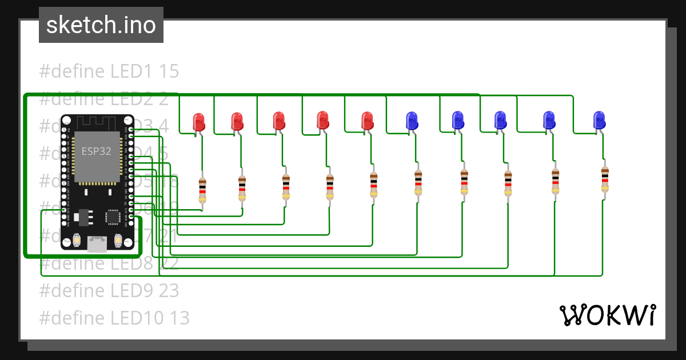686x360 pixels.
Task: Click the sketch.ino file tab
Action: [101, 25]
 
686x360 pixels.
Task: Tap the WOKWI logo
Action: [607, 315]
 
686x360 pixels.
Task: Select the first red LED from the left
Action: [198, 121]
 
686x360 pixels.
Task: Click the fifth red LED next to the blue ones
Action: [367, 120]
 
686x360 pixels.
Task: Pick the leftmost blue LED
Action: [411, 119]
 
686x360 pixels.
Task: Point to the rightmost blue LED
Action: [599, 119]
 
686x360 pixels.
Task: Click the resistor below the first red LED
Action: [202, 190]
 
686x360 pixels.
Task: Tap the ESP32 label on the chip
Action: [96, 151]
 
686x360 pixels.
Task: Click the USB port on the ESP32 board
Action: [97, 244]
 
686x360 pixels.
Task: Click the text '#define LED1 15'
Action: [109, 71]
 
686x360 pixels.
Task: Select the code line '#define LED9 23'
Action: [109, 290]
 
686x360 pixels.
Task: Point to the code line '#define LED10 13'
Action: [114, 317]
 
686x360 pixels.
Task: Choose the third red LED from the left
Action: [279, 120]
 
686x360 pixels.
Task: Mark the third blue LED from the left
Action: [500, 119]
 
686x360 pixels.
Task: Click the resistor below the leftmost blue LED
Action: [418, 182]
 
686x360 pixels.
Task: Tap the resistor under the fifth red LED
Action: [373, 184]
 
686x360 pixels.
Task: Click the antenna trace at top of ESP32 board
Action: [96, 122]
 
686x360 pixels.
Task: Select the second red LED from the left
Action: [237, 121]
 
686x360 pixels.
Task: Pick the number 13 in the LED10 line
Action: [178, 317]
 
